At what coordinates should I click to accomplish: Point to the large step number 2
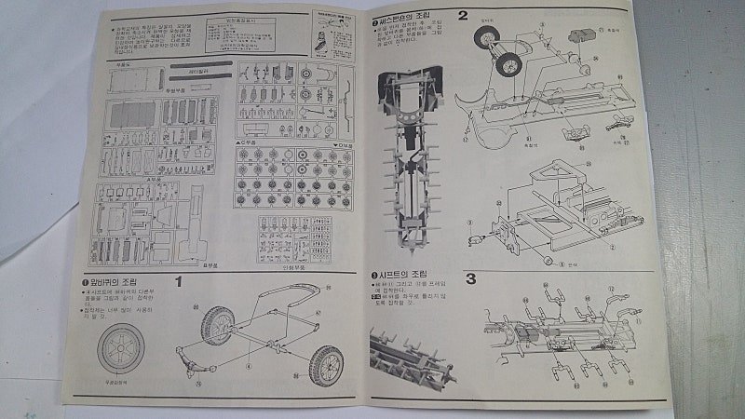click(x=462, y=16)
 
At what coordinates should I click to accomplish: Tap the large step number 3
click(x=471, y=278)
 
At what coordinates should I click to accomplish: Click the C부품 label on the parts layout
click(x=248, y=142)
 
